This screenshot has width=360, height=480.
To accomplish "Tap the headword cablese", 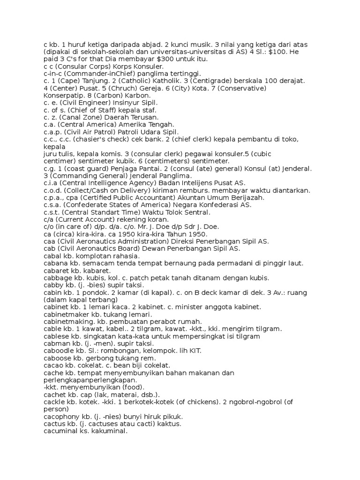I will click(x=55, y=336).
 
